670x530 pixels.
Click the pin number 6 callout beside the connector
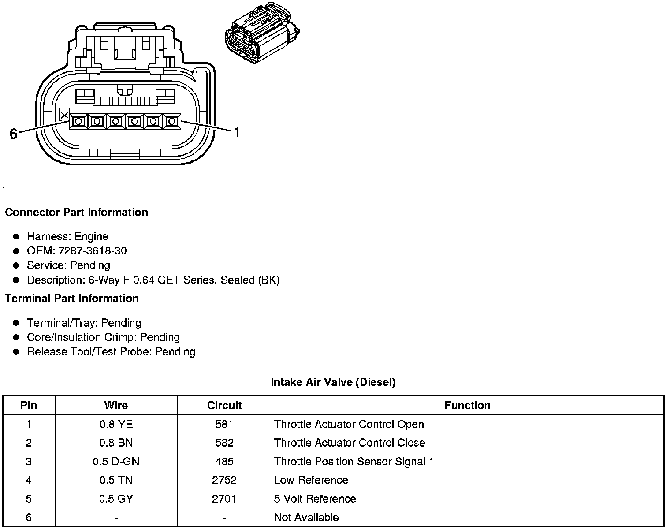coord(13,134)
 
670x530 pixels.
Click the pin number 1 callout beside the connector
coord(237,132)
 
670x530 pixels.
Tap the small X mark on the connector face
coord(64,115)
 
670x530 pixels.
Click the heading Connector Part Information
coord(76,213)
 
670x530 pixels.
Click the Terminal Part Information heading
coord(72,299)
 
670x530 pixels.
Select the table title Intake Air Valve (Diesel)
coord(333,382)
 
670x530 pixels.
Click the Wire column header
coord(116,405)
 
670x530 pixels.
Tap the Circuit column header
coord(224,405)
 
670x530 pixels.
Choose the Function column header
coord(467,405)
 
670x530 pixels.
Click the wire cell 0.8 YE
coord(116,424)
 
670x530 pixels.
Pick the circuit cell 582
coord(224,443)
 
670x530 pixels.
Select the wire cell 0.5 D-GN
coord(116,462)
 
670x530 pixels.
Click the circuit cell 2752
coord(224,480)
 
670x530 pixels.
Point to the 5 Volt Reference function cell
coord(315,499)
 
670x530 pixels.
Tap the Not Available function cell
coord(306,517)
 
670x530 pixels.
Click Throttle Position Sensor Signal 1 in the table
coord(354,462)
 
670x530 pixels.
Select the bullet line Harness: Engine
coord(67,237)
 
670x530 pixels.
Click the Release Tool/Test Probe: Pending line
coord(111,352)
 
